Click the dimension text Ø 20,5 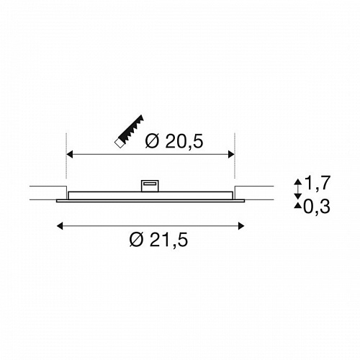pos(174,141)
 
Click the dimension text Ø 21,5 pos(158,240)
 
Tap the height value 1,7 pos(318,183)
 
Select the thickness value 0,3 pos(317,207)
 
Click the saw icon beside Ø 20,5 pos(129,131)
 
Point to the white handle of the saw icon pos(119,143)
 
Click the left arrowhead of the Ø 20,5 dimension pos(69,154)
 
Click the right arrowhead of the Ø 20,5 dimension pos(231,154)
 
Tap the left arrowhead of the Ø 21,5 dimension pos(60,226)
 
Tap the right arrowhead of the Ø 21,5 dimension pos(241,226)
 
